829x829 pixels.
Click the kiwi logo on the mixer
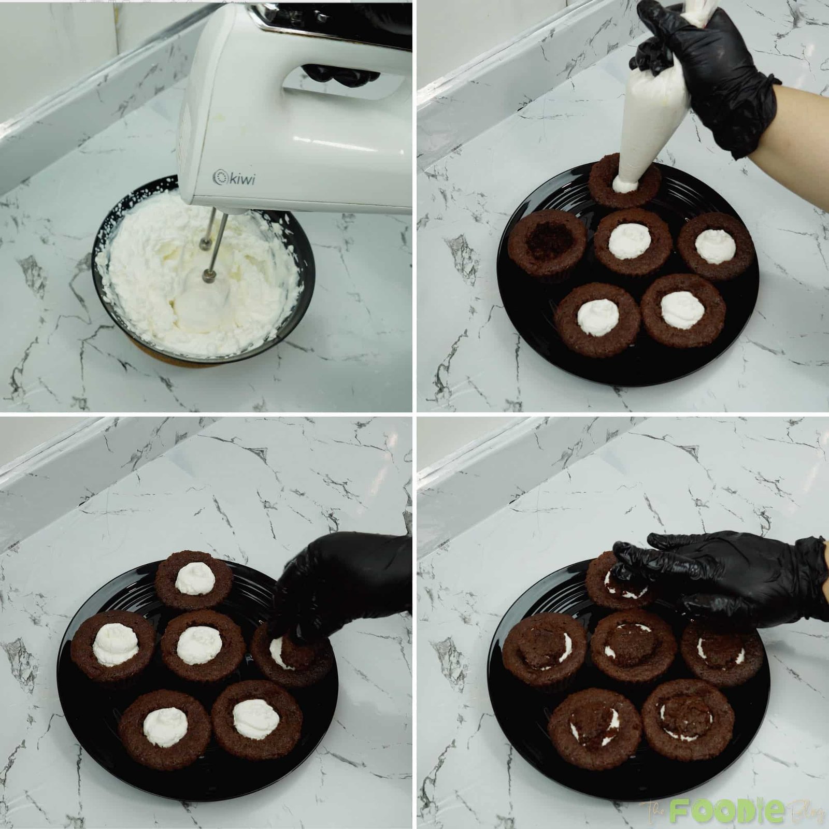pos(235,178)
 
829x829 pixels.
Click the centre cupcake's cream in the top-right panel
pos(630,241)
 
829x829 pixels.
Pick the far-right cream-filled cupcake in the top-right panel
pos(715,246)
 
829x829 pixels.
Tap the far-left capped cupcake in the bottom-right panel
pos(544,650)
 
